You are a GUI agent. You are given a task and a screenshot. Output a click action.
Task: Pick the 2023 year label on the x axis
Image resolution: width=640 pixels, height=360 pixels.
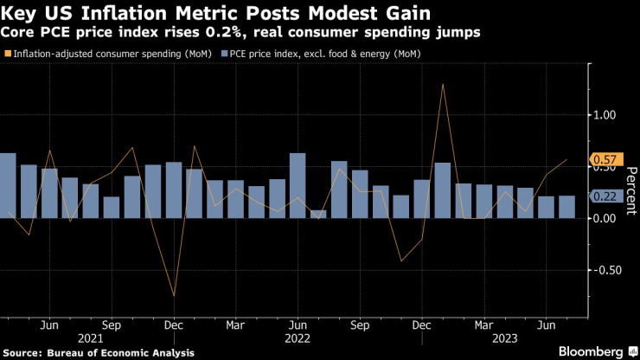(505, 338)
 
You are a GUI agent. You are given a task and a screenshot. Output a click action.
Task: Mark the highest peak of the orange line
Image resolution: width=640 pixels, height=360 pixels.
(443, 84)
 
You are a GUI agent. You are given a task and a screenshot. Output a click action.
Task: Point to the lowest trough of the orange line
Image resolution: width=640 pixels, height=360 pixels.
(174, 296)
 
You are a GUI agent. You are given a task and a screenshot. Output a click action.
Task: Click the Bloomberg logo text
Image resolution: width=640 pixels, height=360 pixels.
(587, 351)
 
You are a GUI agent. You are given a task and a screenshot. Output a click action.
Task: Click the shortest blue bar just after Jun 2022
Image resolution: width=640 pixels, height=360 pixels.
(318, 214)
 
